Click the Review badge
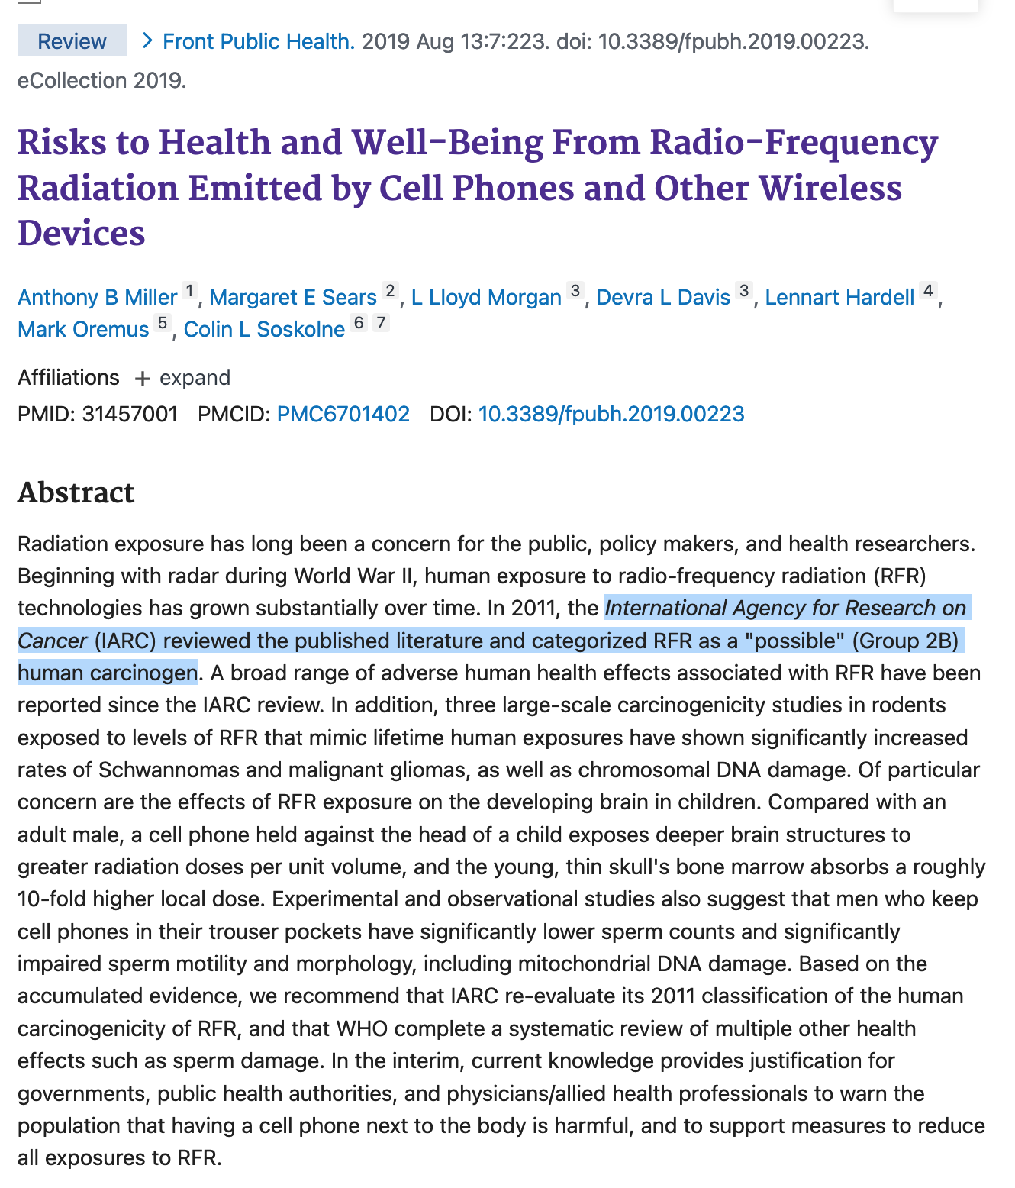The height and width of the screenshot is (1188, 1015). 72,41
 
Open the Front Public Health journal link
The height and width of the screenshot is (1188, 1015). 259,41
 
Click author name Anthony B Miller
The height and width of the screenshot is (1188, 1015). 97,297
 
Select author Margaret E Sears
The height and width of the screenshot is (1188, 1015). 293,297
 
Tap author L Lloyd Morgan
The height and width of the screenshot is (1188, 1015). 486,297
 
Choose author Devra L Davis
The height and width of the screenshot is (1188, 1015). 663,297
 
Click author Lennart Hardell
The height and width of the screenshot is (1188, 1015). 839,297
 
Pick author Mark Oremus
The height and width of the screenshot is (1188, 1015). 83,329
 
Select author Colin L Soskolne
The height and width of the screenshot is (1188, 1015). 264,329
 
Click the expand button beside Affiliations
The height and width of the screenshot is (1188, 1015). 183,378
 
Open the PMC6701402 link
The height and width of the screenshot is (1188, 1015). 343,414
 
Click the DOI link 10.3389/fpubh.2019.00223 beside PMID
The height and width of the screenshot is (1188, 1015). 611,414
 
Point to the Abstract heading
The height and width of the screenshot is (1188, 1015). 76,492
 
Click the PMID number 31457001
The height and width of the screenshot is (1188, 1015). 130,414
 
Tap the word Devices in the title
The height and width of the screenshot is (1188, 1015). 82,233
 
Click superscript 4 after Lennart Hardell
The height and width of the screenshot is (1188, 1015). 928,291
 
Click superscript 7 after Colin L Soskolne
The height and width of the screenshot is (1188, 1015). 381,323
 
